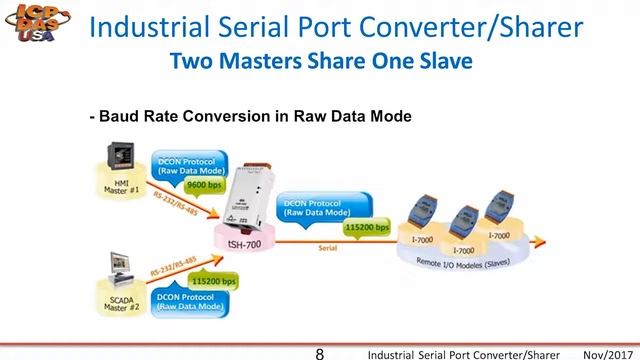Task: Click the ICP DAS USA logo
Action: click(x=32, y=32)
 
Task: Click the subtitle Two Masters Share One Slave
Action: click(x=320, y=62)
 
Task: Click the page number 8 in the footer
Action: click(x=319, y=353)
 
